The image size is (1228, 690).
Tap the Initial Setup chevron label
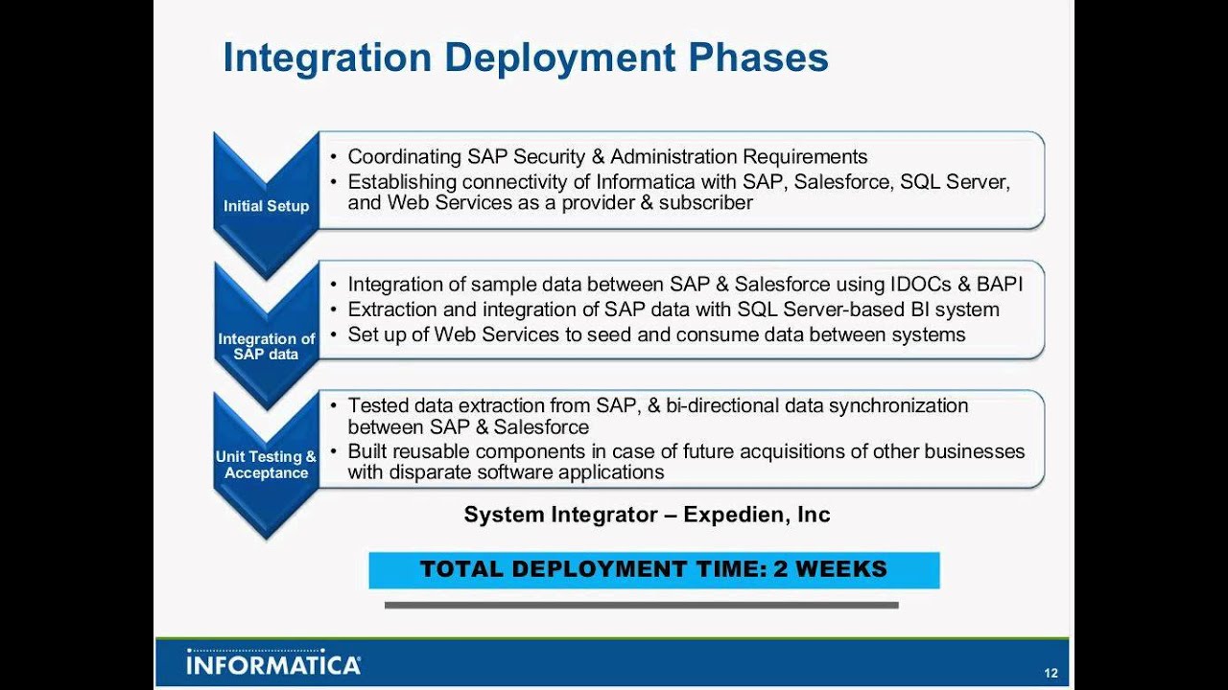point(266,206)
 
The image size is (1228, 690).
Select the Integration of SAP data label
point(266,346)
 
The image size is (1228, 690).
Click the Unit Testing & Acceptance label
point(266,465)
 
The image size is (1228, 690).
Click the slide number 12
point(1051,673)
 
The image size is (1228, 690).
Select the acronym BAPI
point(1000,285)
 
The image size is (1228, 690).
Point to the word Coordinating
point(405,157)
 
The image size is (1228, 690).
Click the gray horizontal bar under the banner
point(642,605)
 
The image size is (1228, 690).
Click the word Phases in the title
point(758,58)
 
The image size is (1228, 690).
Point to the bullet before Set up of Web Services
point(333,334)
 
